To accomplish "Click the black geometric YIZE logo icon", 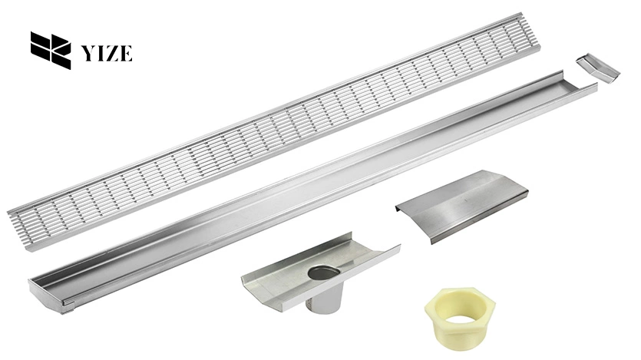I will tap(50, 51).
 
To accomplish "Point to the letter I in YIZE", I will tap(101, 53).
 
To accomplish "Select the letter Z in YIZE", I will tap(112, 53).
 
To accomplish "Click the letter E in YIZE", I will tap(126, 53).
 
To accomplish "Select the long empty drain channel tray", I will tap(307, 184).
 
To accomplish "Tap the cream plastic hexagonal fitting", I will tap(459, 315).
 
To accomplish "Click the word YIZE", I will tap(107, 53).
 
